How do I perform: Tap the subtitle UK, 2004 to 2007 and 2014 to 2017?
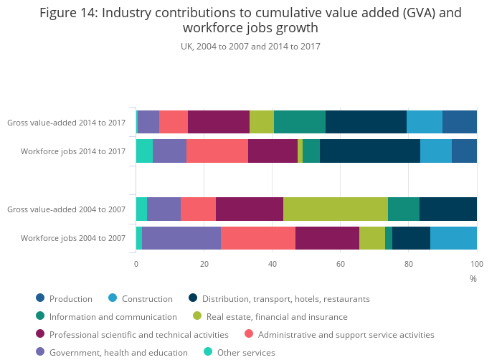(x=250, y=46)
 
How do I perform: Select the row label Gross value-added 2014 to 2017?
(x=66, y=123)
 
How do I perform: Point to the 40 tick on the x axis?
(x=273, y=264)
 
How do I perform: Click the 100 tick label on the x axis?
(x=476, y=264)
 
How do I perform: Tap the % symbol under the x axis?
(x=473, y=278)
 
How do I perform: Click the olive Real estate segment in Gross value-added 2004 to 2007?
(x=336, y=209)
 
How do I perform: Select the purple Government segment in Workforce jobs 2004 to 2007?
(x=181, y=237)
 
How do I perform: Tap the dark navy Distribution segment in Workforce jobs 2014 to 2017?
(x=370, y=151)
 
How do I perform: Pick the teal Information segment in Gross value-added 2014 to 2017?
(x=300, y=123)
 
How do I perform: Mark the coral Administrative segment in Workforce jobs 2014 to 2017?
(x=217, y=151)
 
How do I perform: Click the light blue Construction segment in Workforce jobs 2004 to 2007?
(x=453, y=237)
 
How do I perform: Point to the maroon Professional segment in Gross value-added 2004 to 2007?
(x=250, y=209)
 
